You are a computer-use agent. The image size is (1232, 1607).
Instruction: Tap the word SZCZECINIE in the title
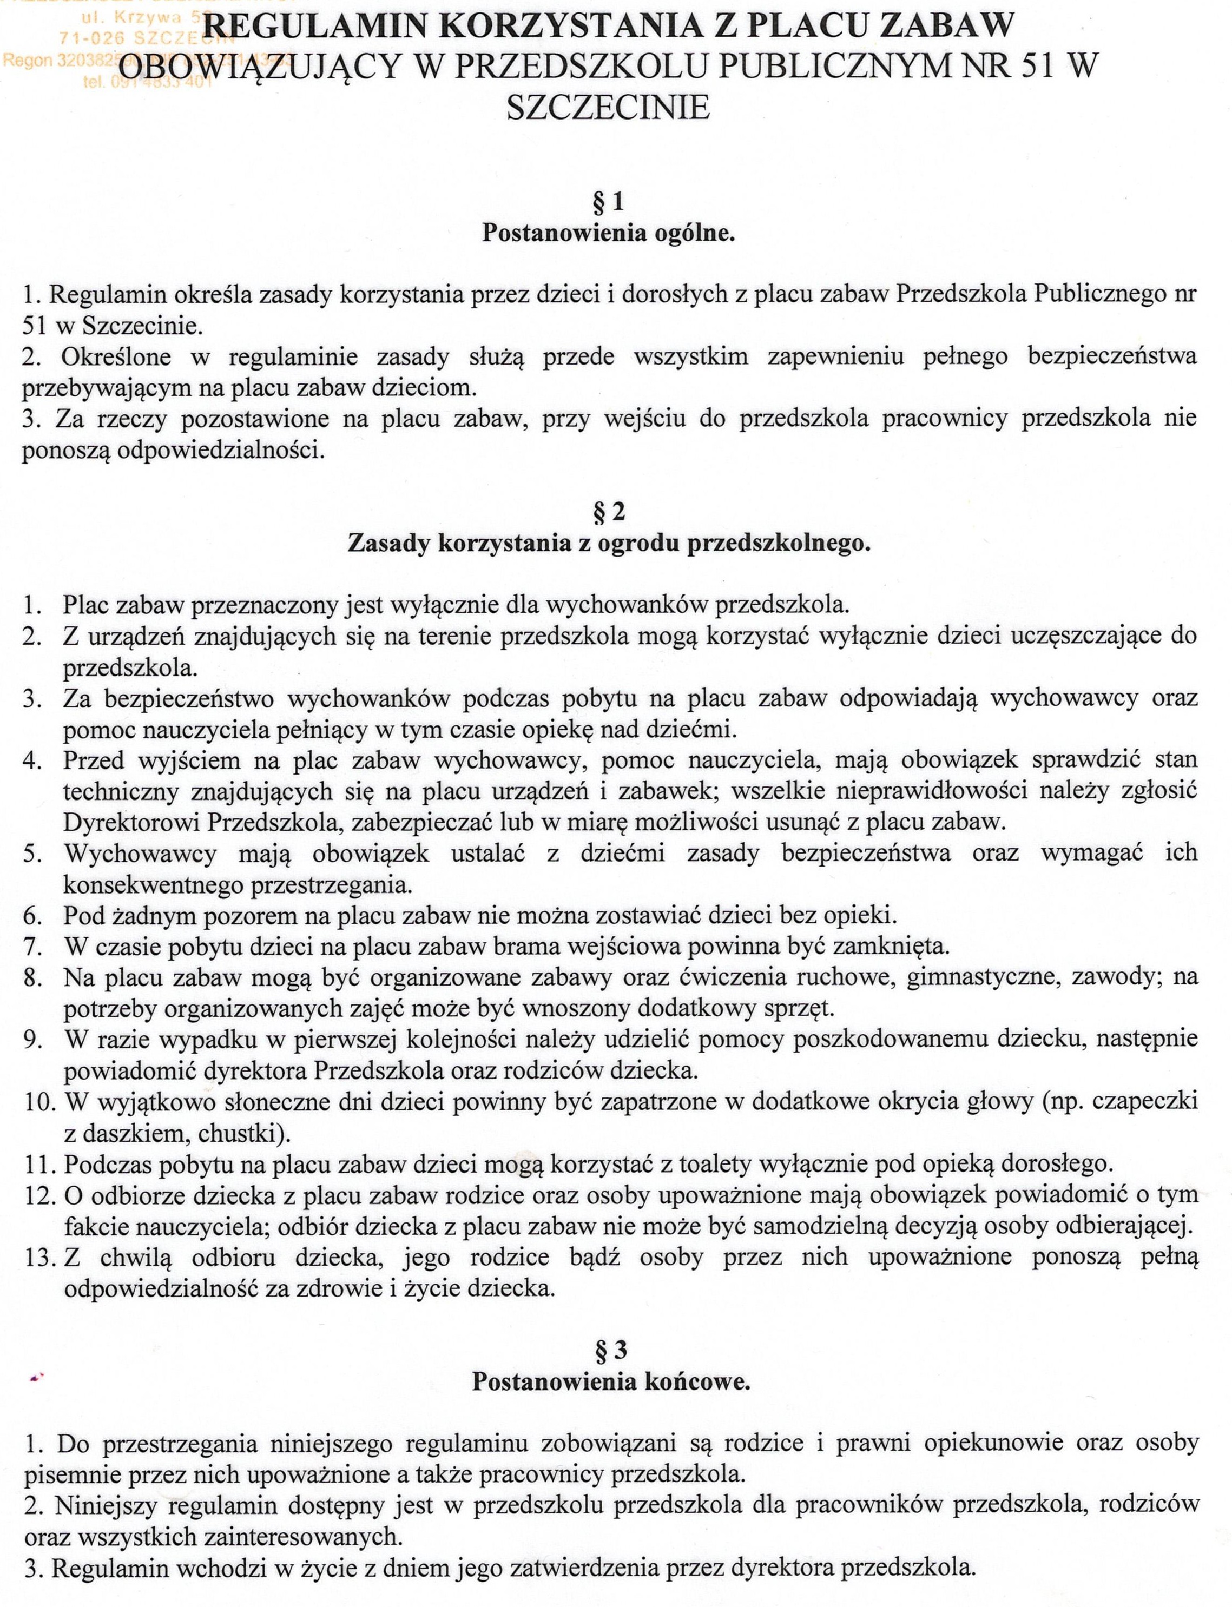[x=608, y=108]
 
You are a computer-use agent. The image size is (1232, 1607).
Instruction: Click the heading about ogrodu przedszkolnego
[x=609, y=543]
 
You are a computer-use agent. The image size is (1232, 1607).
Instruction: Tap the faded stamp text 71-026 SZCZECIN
[x=147, y=39]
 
